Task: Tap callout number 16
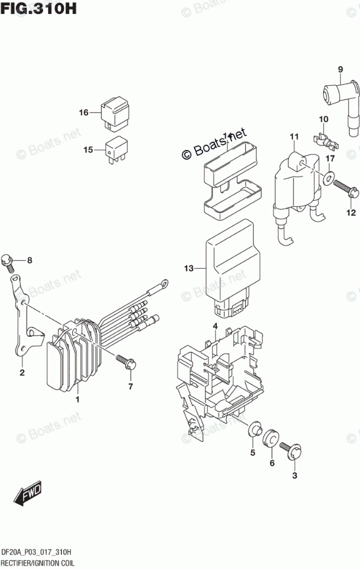point(84,112)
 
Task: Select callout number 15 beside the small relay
point(88,150)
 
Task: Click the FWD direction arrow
point(27,493)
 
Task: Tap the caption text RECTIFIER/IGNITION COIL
point(42,562)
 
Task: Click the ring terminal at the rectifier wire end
point(165,283)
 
